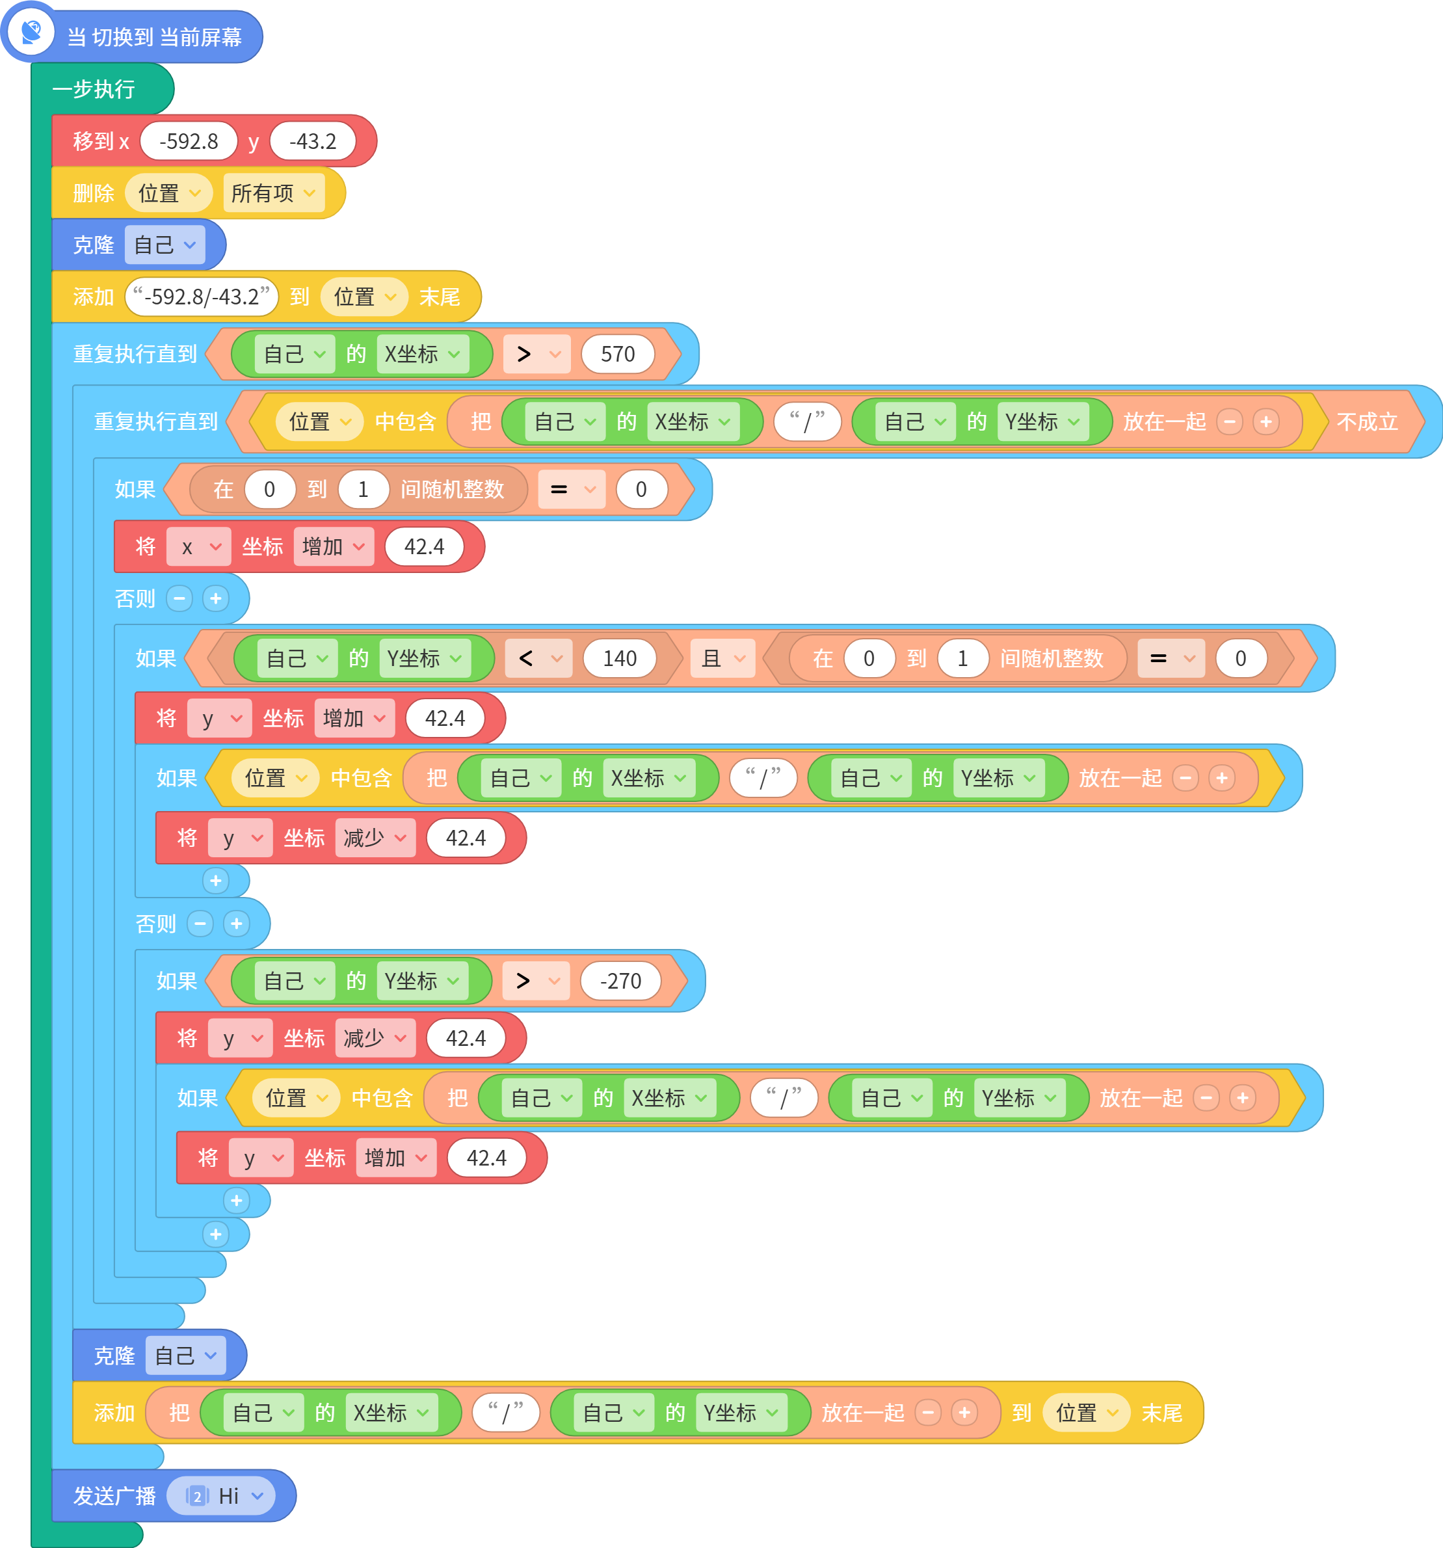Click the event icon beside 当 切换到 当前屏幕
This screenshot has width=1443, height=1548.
coord(32,32)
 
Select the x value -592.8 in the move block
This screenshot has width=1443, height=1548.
coord(189,141)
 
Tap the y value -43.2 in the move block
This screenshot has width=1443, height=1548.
coord(313,141)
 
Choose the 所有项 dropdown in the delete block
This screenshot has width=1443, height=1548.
coord(273,193)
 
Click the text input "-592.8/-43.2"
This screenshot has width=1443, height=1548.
coord(202,297)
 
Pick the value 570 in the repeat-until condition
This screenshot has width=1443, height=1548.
coord(618,354)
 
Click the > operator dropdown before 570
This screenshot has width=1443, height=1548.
coord(537,354)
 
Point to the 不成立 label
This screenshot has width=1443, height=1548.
coord(1367,422)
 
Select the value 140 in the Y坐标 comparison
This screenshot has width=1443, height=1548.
coord(620,659)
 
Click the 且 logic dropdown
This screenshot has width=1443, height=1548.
coord(723,659)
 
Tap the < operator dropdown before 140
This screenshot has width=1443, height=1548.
coord(538,659)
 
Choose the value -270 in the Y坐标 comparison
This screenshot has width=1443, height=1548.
coord(620,981)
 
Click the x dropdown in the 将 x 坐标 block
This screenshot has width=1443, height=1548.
coord(198,546)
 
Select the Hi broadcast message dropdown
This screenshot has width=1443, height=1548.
coord(225,1496)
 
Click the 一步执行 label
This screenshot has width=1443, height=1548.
coord(94,88)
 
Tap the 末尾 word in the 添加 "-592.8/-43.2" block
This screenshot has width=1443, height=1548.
coord(439,297)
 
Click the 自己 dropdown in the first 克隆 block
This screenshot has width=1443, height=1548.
coord(165,245)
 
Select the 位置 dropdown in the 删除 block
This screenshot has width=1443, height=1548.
coord(169,193)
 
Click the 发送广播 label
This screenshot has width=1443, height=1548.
coord(114,1496)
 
